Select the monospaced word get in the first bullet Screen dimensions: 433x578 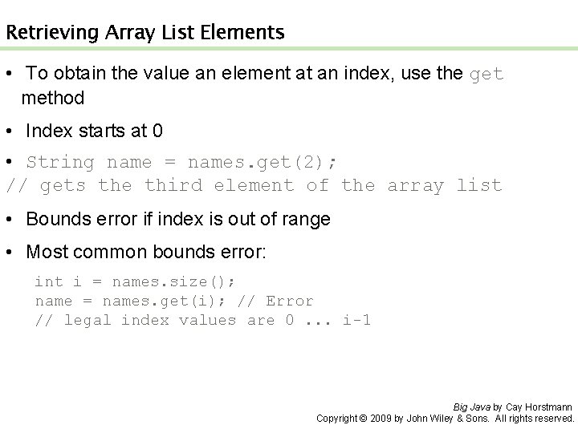(486, 75)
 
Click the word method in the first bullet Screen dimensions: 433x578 (53, 98)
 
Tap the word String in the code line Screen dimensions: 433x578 (60, 163)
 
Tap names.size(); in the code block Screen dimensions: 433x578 (174, 282)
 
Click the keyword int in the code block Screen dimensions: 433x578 (49, 282)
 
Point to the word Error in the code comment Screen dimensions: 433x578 (289, 301)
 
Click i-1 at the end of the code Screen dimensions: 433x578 (356, 321)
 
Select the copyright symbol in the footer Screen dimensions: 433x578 (362, 419)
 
